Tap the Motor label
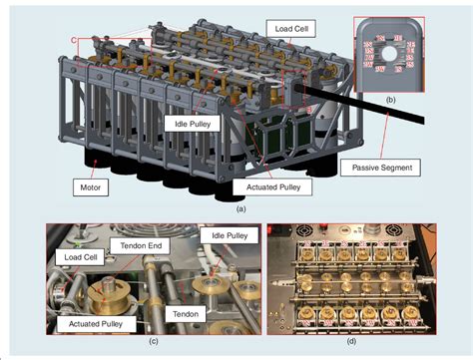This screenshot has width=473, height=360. coord(92,185)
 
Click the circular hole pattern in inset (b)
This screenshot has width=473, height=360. coord(390,56)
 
